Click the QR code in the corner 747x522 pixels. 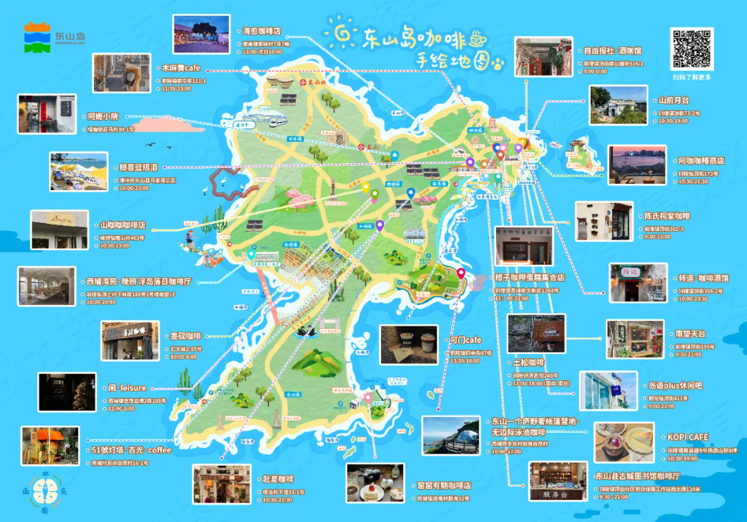click(x=691, y=48)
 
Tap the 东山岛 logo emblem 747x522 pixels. click(x=38, y=37)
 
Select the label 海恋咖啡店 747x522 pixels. click(x=261, y=31)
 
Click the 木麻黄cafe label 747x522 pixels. click(x=181, y=68)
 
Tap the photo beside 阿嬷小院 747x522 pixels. click(x=47, y=114)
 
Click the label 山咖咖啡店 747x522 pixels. click(x=122, y=225)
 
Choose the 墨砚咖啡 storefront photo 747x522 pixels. click(x=129, y=342)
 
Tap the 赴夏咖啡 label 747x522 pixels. click(x=278, y=478)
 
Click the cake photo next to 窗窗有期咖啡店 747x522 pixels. click(x=374, y=482)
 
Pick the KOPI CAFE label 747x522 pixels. click(x=688, y=437)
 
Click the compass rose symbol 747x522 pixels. click(x=45, y=492)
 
